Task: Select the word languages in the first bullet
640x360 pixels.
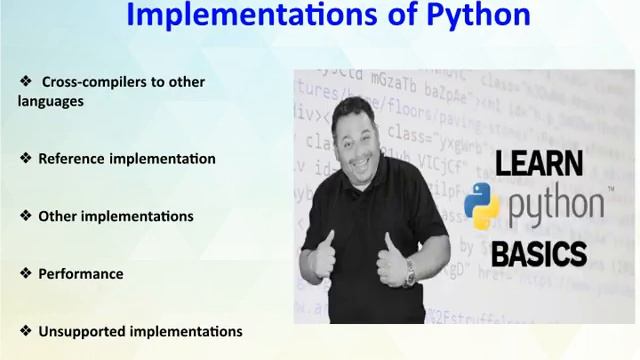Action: [50, 101]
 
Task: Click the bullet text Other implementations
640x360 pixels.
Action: [115, 216]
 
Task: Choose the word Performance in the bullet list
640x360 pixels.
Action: [80, 273]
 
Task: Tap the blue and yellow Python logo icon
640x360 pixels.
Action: [482, 207]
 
